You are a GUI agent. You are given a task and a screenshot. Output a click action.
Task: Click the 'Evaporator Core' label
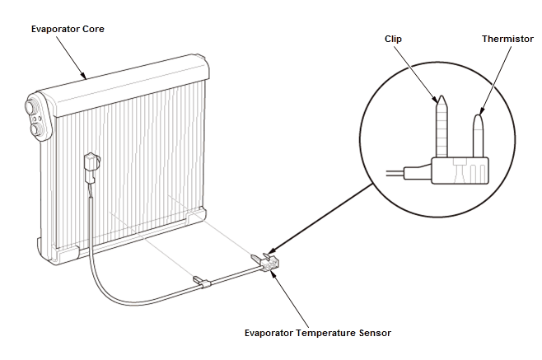[x=68, y=29]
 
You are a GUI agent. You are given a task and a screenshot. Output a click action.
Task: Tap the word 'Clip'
[x=393, y=39]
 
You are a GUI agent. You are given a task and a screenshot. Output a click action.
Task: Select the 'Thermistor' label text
[x=507, y=39]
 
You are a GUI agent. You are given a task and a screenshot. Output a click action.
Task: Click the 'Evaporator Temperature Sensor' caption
[x=318, y=333]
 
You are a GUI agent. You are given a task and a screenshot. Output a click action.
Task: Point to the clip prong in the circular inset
[x=442, y=127]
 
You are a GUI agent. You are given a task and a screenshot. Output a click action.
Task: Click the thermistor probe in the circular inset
[x=478, y=136]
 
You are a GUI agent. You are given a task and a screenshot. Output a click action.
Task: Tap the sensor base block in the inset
[x=460, y=171]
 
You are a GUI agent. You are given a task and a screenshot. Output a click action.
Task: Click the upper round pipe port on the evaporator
[x=30, y=105]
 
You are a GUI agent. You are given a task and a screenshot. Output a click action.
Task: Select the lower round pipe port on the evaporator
[x=35, y=130]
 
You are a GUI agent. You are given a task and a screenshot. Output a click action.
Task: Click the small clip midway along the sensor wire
[x=202, y=281]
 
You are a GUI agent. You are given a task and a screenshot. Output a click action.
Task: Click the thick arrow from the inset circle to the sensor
[x=320, y=218]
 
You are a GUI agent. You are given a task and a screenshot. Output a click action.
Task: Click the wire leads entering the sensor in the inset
[x=409, y=172]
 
